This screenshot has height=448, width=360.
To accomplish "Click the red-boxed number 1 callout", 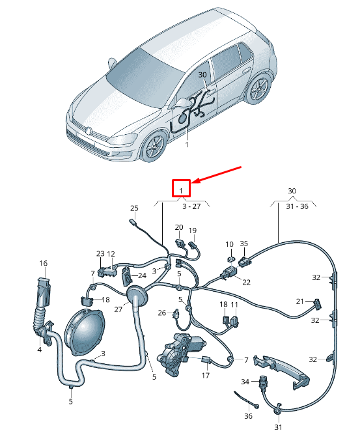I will point(180,189).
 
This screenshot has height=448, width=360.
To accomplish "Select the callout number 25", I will point(134,208).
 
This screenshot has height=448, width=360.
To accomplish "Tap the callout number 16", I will point(44,264).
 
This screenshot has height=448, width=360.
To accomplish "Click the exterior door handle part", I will point(280,371).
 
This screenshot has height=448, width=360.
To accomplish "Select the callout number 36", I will point(247,416).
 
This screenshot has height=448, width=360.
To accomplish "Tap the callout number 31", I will point(278,427).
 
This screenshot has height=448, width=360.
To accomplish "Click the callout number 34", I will point(245,382).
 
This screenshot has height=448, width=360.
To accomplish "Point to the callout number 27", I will point(118,310).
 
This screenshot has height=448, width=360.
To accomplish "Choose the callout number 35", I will point(244,244).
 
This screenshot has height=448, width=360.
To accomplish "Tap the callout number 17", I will point(206,375).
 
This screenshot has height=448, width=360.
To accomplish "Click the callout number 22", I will point(246,282).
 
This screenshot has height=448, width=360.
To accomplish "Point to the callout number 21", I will point(300,301).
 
